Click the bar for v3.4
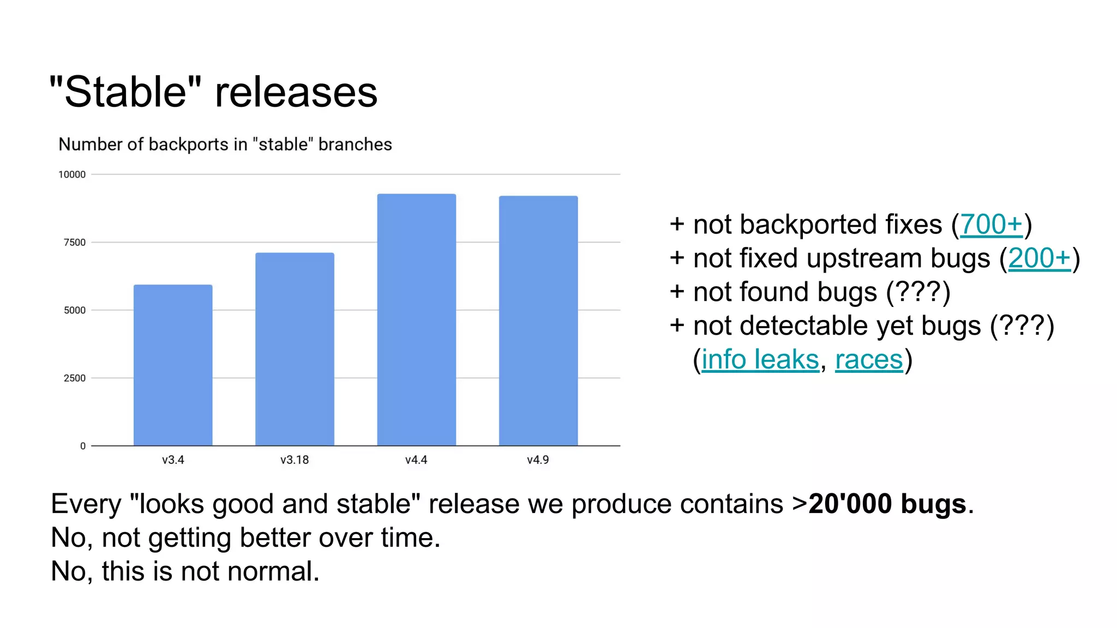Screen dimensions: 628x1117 [x=173, y=365]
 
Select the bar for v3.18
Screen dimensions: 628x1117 [x=295, y=349]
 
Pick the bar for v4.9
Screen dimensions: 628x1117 [x=538, y=321]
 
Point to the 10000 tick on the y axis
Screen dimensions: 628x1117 [x=72, y=174]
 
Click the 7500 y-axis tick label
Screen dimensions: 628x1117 [x=75, y=243]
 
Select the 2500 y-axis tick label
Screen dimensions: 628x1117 [x=75, y=378]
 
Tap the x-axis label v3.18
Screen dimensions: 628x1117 [x=295, y=460]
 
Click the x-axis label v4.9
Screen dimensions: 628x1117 [x=538, y=460]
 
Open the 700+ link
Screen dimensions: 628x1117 [x=990, y=225]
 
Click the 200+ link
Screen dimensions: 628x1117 [x=1039, y=258]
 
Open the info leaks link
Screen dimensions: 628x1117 [x=760, y=360]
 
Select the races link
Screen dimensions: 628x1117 [x=869, y=360]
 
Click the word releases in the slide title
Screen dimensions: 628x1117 [x=296, y=93]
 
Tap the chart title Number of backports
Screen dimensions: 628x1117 [x=225, y=144]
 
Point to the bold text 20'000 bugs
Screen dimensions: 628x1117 [x=887, y=504]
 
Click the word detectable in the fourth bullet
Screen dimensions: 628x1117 [x=804, y=326]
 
